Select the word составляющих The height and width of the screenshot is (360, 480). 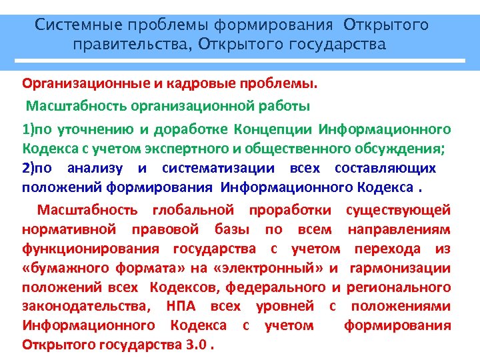385,168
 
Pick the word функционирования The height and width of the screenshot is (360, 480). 91,249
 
